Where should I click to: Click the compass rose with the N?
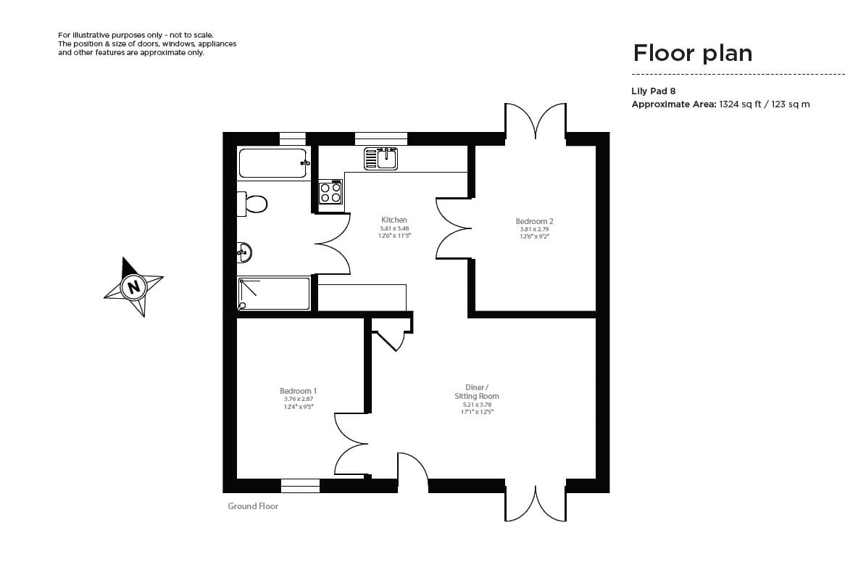tap(133, 287)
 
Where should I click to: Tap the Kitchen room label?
tap(394, 220)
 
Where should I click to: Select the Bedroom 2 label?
tap(534, 221)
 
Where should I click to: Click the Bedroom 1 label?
tap(298, 391)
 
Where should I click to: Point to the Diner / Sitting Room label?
tap(476, 392)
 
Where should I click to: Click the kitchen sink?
tap(380, 158)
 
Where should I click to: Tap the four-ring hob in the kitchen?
tap(330, 192)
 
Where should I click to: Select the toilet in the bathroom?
tap(252, 204)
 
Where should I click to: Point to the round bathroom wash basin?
tap(244, 252)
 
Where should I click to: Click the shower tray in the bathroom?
tap(273, 294)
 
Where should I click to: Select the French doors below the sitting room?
tap(536, 503)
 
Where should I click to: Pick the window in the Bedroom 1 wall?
tap(300, 486)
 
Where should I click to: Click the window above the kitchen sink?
tap(380, 139)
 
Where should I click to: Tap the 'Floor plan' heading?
tap(692, 53)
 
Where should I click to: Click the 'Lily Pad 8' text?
tap(653, 91)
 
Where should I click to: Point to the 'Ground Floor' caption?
tap(253, 506)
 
